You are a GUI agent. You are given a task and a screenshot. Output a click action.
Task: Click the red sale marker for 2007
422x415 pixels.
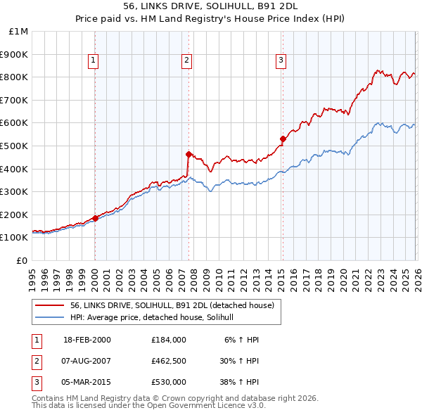[188, 154]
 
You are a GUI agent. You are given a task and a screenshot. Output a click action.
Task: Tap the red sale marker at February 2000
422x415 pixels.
[95, 218]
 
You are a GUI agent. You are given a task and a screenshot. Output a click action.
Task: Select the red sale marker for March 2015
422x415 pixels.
[283, 139]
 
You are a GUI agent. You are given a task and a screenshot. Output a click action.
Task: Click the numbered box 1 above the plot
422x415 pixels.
[94, 61]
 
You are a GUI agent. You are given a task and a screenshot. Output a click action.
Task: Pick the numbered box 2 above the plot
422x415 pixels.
[187, 61]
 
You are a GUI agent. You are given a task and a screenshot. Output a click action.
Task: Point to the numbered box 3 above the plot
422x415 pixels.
[281, 61]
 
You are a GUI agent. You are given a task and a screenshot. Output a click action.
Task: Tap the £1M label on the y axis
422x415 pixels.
[19, 31]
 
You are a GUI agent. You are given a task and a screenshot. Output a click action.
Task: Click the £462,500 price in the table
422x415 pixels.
[168, 360]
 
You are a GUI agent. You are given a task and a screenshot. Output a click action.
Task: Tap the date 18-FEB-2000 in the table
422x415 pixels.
[87, 339]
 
